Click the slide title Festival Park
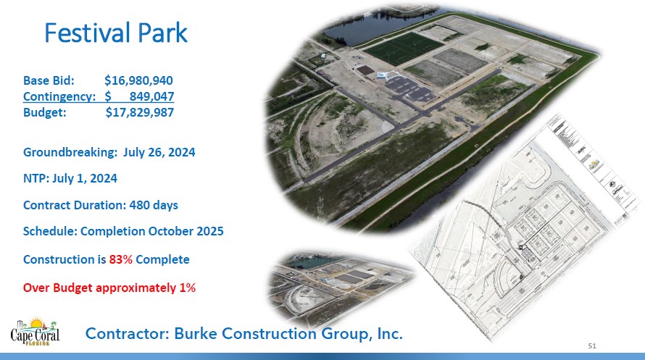tap(116, 33)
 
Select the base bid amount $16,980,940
tap(138, 80)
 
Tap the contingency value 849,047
tap(151, 96)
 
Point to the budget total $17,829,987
tap(139, 112)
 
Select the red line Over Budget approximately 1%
tap(109, 288)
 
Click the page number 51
tap(591, 346)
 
